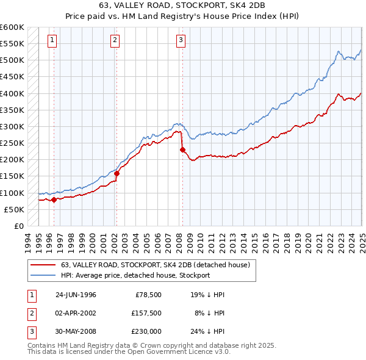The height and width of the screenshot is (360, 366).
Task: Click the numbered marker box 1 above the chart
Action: click(53, 41)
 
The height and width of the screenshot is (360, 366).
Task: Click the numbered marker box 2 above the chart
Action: click(115, 41)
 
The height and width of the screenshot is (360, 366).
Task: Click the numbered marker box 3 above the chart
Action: click(181, 41)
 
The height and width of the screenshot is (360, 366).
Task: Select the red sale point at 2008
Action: click(182, 149)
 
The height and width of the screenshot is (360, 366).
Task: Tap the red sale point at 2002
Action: click(117, 173)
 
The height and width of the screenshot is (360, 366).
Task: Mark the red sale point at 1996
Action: click(54, 200)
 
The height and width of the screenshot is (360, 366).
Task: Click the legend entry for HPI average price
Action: click(135, 275)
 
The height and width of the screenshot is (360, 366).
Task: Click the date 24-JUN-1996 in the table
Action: click(76, 295)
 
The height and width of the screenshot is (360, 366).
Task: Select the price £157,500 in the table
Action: click(146, 313)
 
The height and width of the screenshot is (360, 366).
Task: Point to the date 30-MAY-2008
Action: click(76, 331)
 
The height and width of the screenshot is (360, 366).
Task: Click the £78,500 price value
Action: click(149, 295)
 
